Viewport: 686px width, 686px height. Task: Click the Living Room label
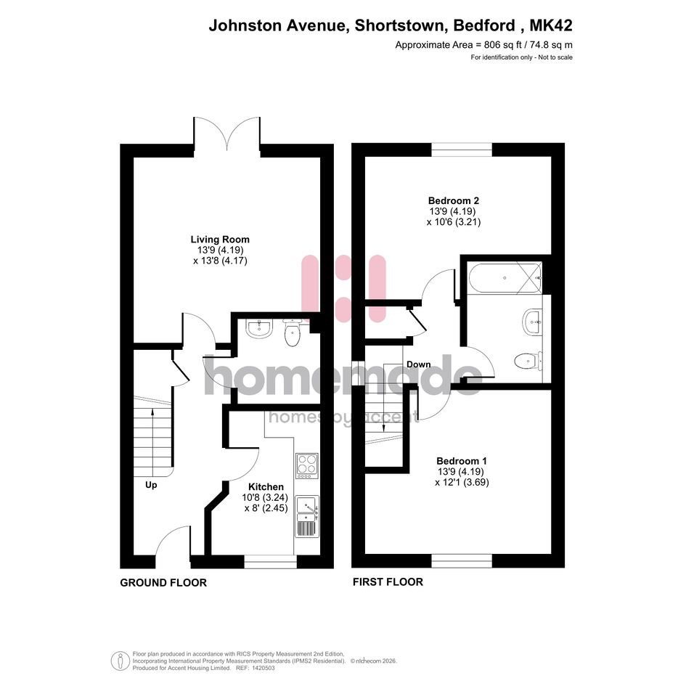coord(220,240)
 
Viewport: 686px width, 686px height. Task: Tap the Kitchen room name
coord(266,486)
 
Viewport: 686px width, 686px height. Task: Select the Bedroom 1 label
coord(462,461)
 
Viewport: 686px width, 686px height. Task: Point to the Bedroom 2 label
coord(453,201)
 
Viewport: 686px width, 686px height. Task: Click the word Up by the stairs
coord(151,485)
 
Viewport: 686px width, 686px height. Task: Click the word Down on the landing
coord(418,364)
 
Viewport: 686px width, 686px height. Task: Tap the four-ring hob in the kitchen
coord(306,465)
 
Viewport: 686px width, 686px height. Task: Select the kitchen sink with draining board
coord(308,517)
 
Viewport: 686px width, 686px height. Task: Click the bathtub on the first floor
coord(505,278)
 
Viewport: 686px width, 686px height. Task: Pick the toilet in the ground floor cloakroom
coord(291,333)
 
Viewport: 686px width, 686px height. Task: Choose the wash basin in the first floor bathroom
coord(532,322)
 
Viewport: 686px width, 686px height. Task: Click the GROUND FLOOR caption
coord(163,583)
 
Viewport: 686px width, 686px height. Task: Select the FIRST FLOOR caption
coord(388,582)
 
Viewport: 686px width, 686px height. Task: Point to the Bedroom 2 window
coord(462,150)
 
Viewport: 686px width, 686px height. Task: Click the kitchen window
coord(270,562)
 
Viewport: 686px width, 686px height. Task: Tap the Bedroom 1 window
coord(462,561)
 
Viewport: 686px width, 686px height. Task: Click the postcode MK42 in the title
coord(551,25)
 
